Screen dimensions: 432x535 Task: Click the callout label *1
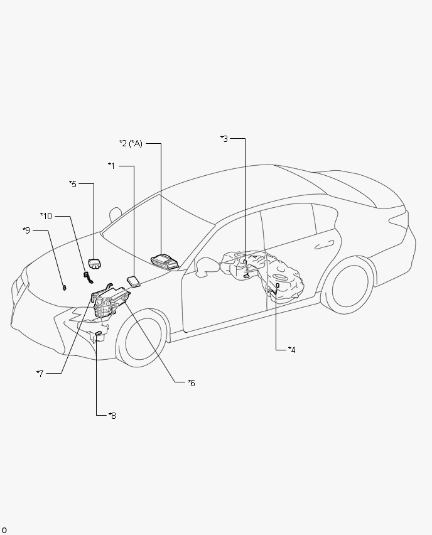click(x=111, y=166)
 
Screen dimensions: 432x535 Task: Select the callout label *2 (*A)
click(x=131, y=144)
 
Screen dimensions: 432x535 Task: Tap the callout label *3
click(x=224, y=139)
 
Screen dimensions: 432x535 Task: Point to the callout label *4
click(x=292, y=350)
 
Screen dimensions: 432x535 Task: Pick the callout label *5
click(x=73, y=184)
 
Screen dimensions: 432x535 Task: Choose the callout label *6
click(x=192, y=383)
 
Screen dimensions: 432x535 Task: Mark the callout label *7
click(x=40, y=374)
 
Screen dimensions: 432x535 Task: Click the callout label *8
click(x=112, y=416)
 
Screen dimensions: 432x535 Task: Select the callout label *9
click(x=26, y=230)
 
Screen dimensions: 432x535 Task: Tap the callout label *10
click(x=46, y=216)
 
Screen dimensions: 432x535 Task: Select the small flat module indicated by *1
click(x=134, y=281)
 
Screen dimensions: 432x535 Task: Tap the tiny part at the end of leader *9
click(x=64, y=288)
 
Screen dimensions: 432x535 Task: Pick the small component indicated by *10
click(x=88, y=277)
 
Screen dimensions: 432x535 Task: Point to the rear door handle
click(x=324, y=245)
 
